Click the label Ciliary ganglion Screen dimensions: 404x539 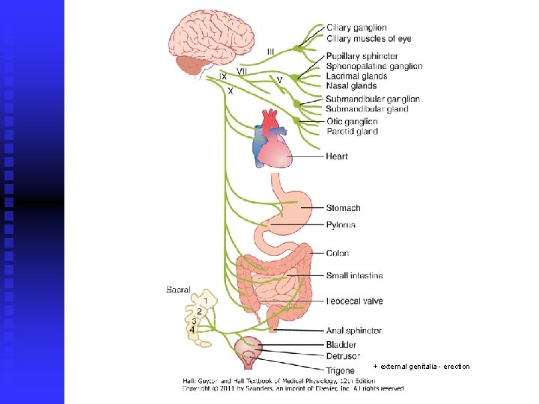(x=356, y=28)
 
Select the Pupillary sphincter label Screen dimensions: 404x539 (x=361, y=57)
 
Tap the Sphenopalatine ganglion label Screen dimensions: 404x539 (x=374, y=67)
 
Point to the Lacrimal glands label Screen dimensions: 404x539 (x=356, y=76)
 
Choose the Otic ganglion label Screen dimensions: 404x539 (x=352, y=121)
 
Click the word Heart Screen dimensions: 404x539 (x=336, y=157)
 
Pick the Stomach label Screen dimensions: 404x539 (x=343, y=208)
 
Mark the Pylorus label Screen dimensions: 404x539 (x=341, y=225)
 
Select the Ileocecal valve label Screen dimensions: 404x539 (x=354, y=302)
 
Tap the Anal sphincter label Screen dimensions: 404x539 (x=353, y=331)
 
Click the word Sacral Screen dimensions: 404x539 (x=178, y=290)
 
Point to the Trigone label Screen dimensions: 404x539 (x=340, y=370)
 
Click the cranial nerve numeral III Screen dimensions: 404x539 (x=270, y=51)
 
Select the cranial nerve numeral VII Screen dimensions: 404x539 (x=243, y=70)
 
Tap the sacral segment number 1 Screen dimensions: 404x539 (x=205, y=300)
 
